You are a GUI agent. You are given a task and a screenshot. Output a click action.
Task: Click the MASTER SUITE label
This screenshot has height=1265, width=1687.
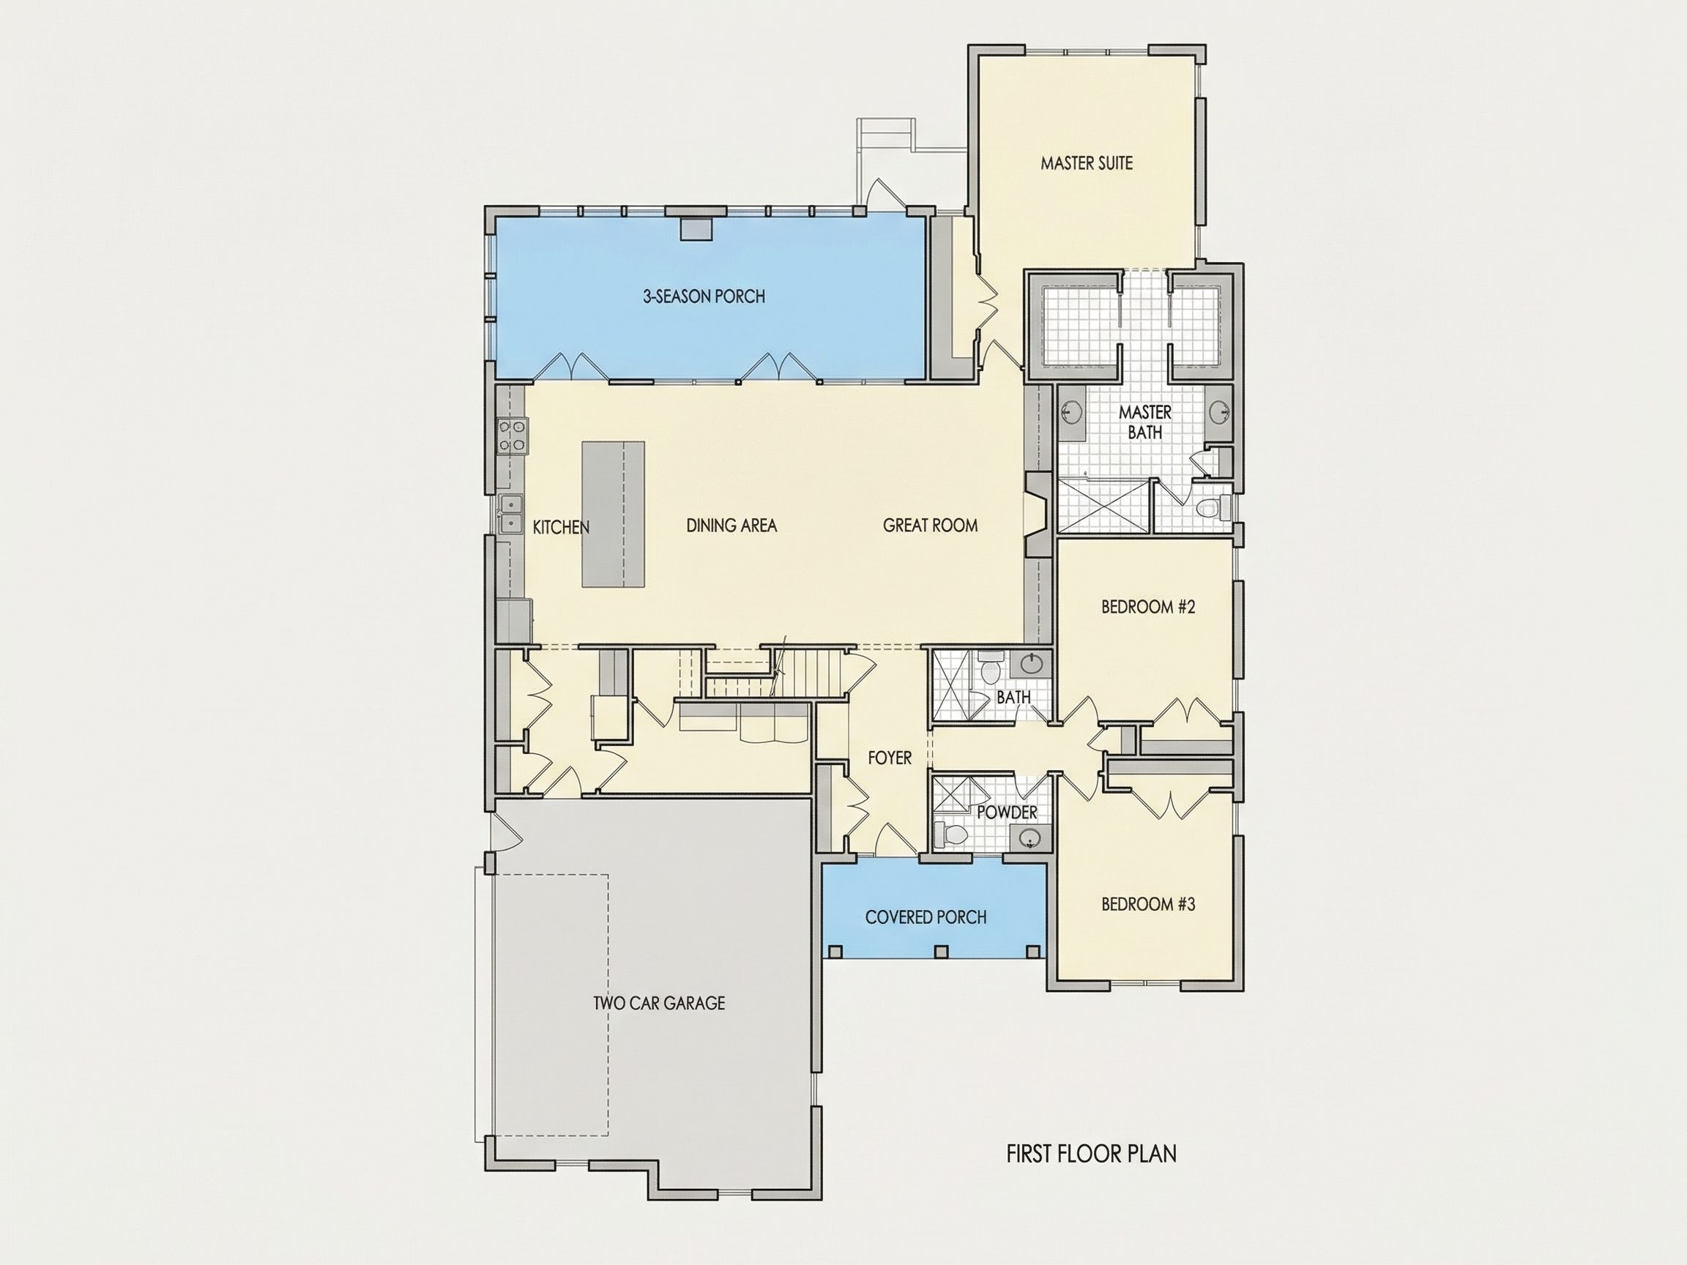(x=1087, y=163)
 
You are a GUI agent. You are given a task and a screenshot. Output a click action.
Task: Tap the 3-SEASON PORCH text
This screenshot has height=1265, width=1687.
(x=704, y=296)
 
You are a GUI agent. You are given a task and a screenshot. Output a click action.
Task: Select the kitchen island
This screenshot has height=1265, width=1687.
(x=613, y=514)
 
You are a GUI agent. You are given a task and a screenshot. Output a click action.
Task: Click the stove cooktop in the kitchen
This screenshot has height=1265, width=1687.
(x=512, y=436)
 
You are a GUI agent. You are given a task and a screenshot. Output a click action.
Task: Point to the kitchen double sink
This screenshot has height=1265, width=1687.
(x=510, y=514)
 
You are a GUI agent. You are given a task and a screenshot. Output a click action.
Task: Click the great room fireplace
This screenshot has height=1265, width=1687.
(x=1038, y=515)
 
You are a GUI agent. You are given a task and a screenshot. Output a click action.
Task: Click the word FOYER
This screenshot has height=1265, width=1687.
(x=889, y=758)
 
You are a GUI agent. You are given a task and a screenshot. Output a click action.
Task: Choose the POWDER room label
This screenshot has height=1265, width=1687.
(x=1007, y=813)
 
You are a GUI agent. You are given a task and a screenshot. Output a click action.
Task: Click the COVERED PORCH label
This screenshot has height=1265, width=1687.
(x=926, y=917)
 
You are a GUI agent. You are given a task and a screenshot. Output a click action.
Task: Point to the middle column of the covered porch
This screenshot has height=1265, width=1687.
(x=941, y=952)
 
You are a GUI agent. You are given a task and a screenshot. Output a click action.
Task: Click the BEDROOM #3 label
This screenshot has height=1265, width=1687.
(x=1148, y=904)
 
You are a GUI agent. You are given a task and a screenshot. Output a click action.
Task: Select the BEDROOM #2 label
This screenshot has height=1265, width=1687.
(x=1148, y=607)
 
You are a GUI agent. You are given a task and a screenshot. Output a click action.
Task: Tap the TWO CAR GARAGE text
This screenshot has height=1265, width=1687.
(x=659, y=1004)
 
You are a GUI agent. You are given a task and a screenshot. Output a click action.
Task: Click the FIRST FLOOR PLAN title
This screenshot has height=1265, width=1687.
(x=1092, y=1154)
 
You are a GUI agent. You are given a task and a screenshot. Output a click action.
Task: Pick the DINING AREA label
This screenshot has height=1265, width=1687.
(x=731, y=526)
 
